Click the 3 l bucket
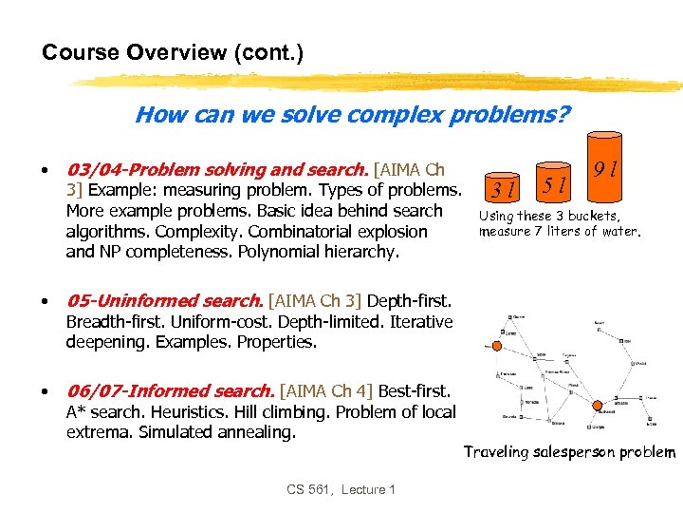click(x=502, y=187)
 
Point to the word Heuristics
click(x=179, y=412)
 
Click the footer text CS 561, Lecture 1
click(x=341, y=489)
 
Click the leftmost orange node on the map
click(x=494, y=348)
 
